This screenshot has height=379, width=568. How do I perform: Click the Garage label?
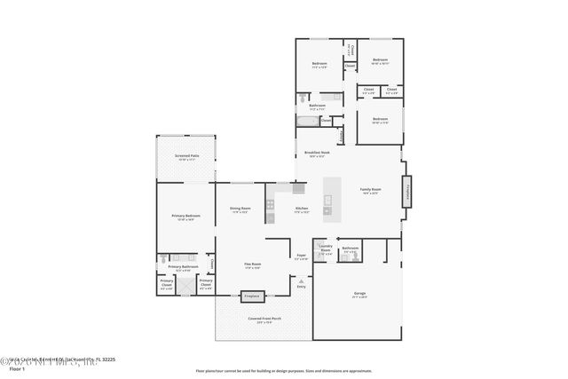tap(359, 293)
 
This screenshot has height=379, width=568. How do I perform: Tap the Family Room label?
tap(370, 190)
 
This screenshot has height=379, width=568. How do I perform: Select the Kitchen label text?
tap(302, 210)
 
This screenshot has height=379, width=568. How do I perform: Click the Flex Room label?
tap(253, 265)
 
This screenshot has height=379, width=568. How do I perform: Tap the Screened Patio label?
tap(186, 156)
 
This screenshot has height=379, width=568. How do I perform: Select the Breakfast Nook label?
tap(317, 154)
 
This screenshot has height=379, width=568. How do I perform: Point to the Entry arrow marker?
tap(301, 280)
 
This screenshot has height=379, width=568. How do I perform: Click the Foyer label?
tap(302, 257)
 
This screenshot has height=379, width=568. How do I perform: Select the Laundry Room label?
tap(325, 249)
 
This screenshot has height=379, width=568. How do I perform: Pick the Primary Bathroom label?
tap(183, 267)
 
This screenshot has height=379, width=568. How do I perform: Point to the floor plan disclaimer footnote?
tap(283, 370)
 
